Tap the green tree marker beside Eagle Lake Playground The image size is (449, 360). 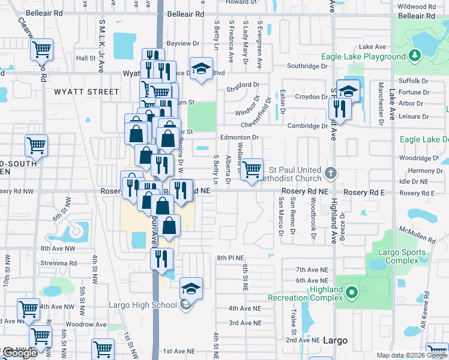[x=414, y=56]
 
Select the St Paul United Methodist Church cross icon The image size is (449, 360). [x=330, y=174]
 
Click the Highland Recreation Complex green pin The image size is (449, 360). [x=352, y=293]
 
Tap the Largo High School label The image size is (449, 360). [x=143, y=305]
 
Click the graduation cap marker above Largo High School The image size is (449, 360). [x=191, y=289]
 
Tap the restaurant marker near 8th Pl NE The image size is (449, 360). [x=161, y=259]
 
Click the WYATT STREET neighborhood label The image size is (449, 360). [x=87, y=92]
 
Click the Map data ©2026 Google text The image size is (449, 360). [x=412, y=355]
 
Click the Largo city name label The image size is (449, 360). [x=334, y=340]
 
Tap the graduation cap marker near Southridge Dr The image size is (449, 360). [x=202, y=69]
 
